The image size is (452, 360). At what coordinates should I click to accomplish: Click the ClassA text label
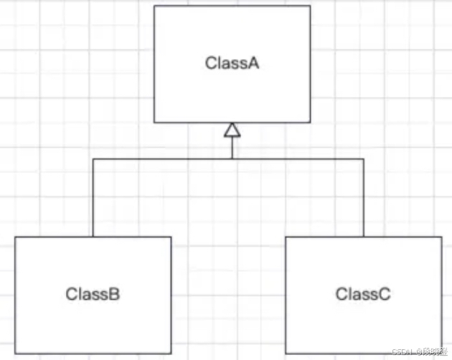pos(232,62)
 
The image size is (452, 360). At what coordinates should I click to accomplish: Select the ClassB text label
pos(93,294)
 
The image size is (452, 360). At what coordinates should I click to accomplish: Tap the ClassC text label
pos(363,294)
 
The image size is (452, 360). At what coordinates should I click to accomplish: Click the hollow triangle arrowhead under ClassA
pos(231,130)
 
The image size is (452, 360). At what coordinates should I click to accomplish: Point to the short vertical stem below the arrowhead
pos(231,147)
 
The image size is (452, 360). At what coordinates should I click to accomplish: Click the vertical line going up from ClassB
pos(93,198)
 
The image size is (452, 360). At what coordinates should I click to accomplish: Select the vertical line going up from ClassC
pos(364,198)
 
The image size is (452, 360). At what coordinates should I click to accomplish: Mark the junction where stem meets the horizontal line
pos(231,158)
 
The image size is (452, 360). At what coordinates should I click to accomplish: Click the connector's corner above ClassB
pos(93,158)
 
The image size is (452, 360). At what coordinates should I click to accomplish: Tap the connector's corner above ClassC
pos(364,158)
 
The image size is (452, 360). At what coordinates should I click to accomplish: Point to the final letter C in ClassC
pos(385,294)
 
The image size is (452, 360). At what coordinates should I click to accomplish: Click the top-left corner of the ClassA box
pos(155,6)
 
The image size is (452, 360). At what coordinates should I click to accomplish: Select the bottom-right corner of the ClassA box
pos(310,122)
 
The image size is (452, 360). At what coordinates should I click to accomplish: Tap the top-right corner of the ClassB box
pos(171,237)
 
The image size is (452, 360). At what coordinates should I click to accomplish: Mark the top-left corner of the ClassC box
pos(286,237)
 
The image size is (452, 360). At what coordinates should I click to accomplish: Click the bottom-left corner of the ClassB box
pos(16,354)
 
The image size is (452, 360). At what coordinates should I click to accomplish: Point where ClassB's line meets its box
pos(93,237)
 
